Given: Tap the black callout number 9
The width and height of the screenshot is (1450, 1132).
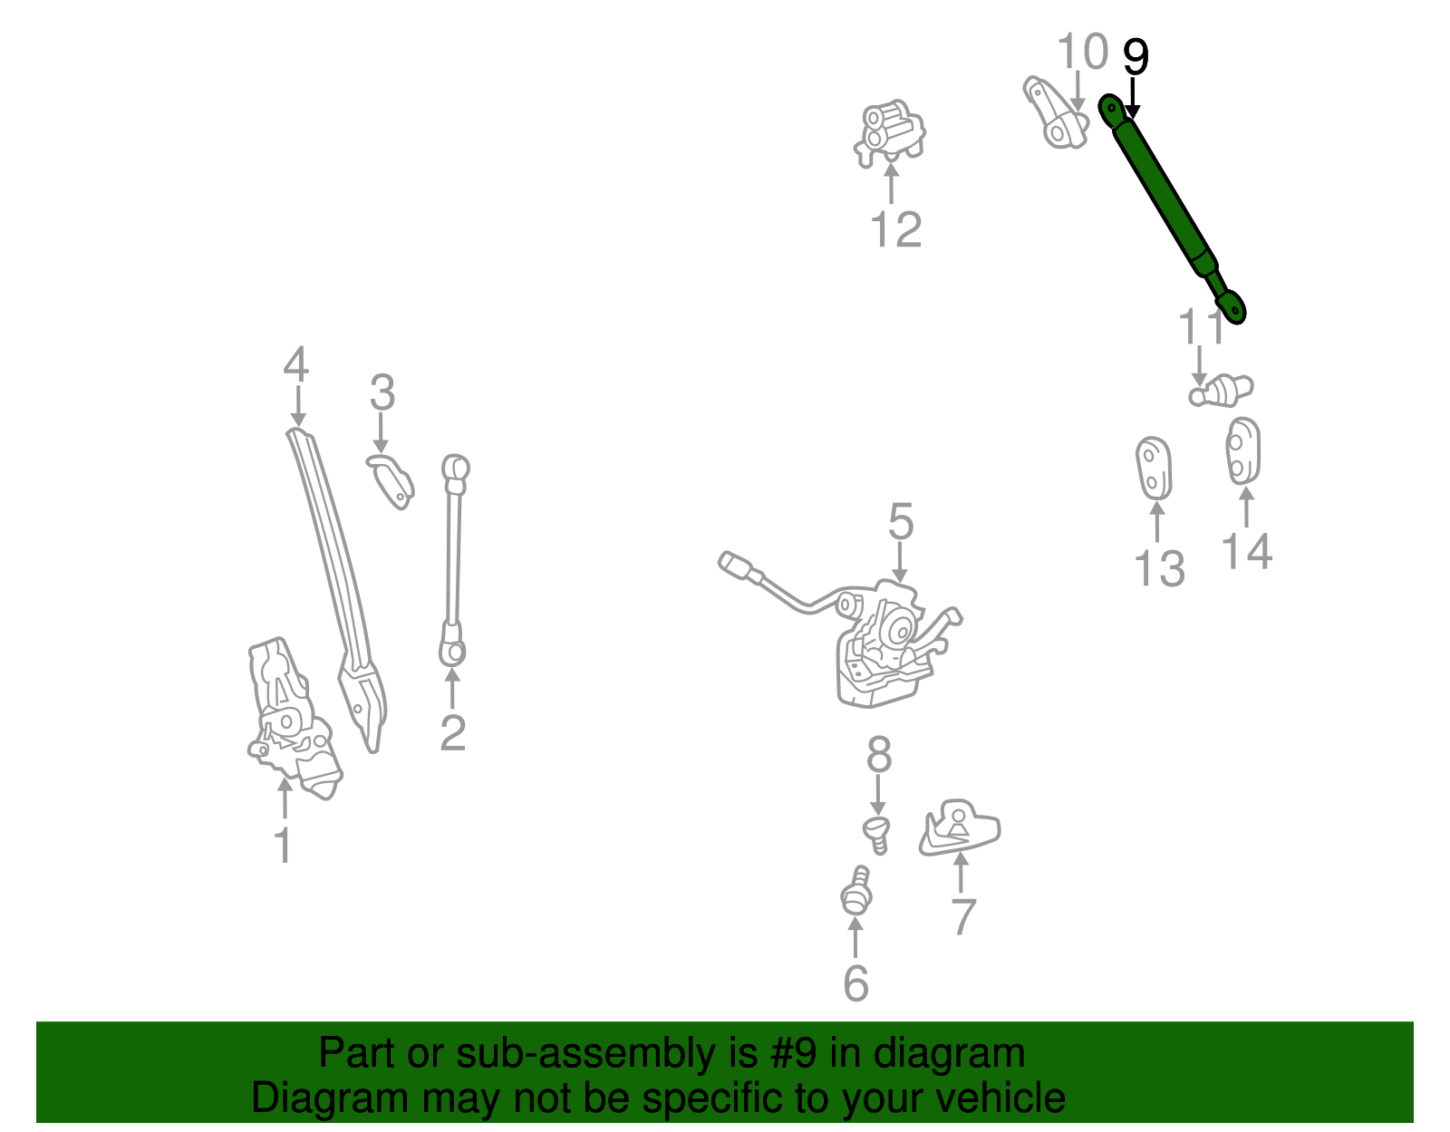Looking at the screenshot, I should (x=1136, y=57).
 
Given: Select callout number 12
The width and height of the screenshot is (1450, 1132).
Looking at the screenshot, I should (x=895, y=229).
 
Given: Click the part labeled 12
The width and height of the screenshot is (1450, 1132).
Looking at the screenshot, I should (x=890, y=133).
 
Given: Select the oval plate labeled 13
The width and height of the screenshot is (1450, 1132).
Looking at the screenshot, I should (x=1154, y=468).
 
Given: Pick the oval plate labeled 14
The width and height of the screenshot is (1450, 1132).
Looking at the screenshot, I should (x=1243, y=450).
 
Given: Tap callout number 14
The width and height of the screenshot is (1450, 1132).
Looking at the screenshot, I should (x=1247, y=551).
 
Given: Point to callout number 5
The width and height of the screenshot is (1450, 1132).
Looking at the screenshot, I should (x=901, y=523).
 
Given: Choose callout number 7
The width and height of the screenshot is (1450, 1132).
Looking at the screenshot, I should (x=962, y=917).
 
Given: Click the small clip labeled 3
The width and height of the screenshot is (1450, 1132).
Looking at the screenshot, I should (x=391, y=479).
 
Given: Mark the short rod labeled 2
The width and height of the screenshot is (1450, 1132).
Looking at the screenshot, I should (x=453, y=562).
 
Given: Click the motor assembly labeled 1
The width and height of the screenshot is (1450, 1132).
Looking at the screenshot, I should (x=290, y=716).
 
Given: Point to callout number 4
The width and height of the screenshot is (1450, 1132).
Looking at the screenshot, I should (x=296, y=364).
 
